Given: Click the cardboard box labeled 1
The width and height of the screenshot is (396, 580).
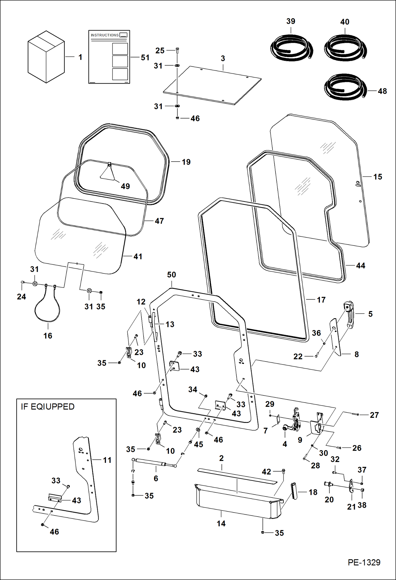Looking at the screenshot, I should click(x=46, y=57).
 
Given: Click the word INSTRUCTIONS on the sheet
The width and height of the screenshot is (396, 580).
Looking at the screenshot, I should click(x=105, y=35).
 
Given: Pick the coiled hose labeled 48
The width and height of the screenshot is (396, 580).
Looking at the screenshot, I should click(x=345, y=87).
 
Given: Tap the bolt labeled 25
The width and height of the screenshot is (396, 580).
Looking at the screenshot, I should click(x=177, y=50).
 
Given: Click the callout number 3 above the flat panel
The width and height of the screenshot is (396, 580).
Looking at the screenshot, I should click(x=223, y=58).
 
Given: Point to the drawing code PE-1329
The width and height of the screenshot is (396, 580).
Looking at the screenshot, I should click(x=364, y=562).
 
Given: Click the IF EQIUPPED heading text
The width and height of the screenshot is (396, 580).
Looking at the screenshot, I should click(x=48, y=407).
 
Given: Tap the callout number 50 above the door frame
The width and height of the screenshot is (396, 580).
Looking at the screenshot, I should click(x=171, y=275).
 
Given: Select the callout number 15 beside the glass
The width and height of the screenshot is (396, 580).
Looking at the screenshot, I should click(x=377, y=177).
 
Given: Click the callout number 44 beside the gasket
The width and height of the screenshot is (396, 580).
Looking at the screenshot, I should click(x=361, y=266).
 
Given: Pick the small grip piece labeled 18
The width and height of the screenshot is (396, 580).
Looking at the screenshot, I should click(x=294, y=491).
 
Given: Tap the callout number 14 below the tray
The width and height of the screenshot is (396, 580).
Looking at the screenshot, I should click(x=221, y=524).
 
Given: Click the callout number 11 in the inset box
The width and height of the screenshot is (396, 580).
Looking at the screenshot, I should click(x=107, y=460).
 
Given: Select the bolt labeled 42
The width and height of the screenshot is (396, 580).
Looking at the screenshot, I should click(x=283, y=471).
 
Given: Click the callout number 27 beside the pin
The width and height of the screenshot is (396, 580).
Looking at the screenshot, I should click(x=374, y=415).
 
